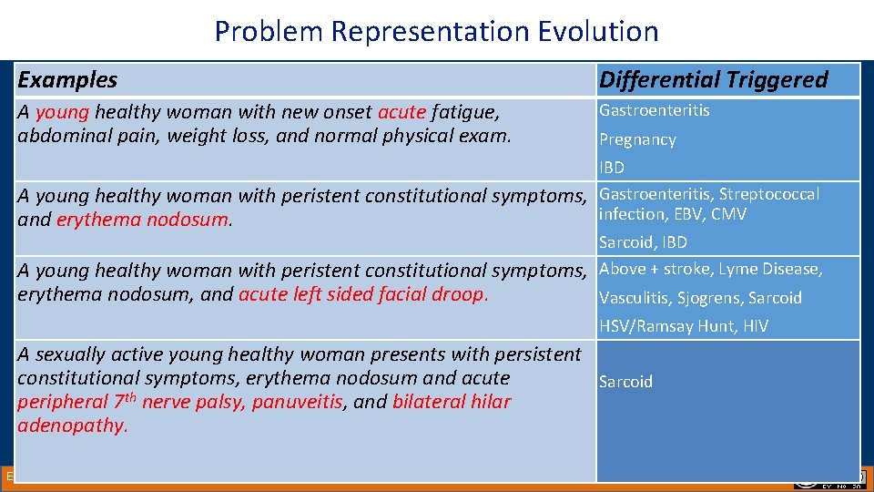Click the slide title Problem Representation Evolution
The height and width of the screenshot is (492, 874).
tap(436, 31)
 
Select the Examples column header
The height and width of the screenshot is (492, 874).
tap(67, 80)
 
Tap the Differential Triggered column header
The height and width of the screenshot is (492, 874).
tap(713, 80)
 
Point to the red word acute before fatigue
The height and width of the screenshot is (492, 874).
tap(401, 112)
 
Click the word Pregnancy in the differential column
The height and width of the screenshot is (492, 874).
tap(637, 140)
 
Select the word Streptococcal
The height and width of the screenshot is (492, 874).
tap(769, 194)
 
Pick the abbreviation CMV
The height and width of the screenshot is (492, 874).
tap(729, 214)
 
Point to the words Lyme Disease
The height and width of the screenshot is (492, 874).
tap(779, 269)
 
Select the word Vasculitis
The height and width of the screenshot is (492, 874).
tap(632, 298)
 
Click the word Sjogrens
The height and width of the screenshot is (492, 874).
tap(703, 298)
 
